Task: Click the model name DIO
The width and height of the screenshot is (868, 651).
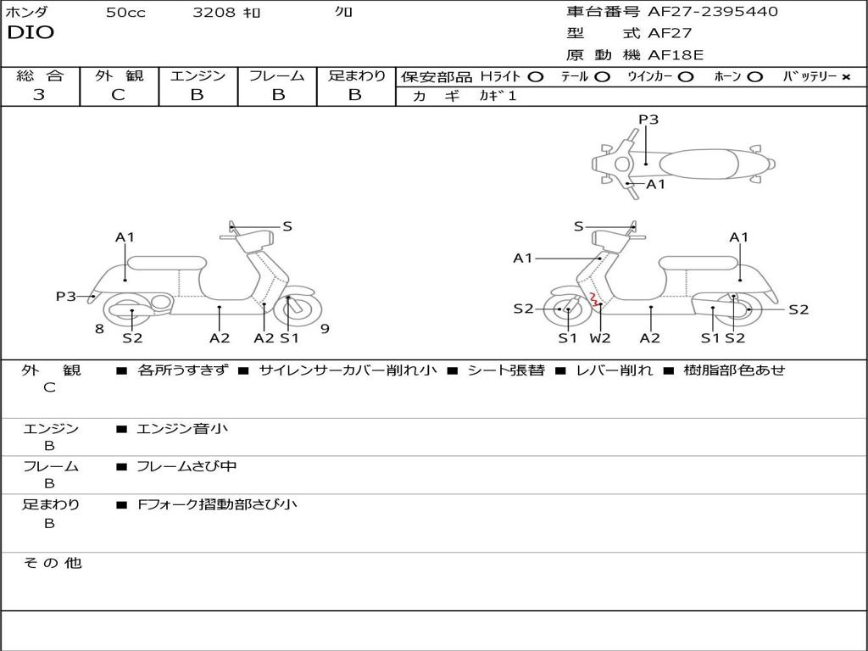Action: [31, 33]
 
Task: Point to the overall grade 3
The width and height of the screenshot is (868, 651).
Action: [39, 95]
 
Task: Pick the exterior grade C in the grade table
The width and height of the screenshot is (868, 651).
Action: [119, 95]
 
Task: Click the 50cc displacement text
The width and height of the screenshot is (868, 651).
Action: [125, 13]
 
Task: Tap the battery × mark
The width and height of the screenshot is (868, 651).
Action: [845, 76]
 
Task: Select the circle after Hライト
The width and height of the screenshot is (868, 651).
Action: [536, 76]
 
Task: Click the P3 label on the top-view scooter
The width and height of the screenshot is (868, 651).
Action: [648, 120]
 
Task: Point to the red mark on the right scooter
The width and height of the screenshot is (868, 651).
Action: [594, 298]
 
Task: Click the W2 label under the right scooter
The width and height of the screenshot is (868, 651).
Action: [600, 338]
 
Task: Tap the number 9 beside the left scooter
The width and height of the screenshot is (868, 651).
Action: [325, 329]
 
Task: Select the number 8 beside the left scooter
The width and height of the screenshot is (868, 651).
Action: [99, 329]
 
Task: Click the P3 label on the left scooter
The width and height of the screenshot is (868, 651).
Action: [66, 297]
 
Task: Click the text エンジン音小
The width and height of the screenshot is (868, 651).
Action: [182, 429]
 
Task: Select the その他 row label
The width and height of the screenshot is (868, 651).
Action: [52, 563]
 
